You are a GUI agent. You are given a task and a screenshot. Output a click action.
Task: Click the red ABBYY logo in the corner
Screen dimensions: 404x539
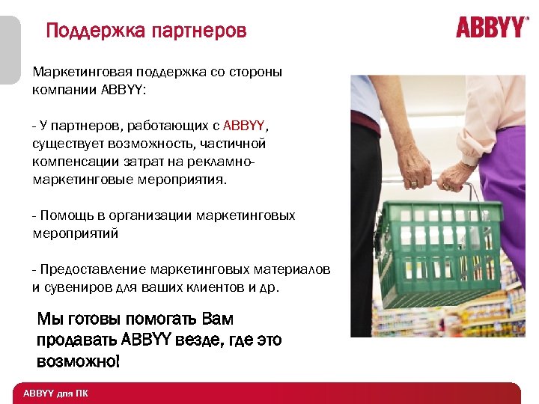click(492, 28)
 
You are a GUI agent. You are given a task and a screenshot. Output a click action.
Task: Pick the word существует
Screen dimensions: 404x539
click(68, 142)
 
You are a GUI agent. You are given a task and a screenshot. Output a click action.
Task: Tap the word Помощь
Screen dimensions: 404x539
click(64, 215)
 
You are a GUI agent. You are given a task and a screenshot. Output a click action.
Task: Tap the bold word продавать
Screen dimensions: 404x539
click(76, 340)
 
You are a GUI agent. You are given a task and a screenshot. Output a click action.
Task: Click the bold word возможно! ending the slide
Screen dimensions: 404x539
click(78, 361)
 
